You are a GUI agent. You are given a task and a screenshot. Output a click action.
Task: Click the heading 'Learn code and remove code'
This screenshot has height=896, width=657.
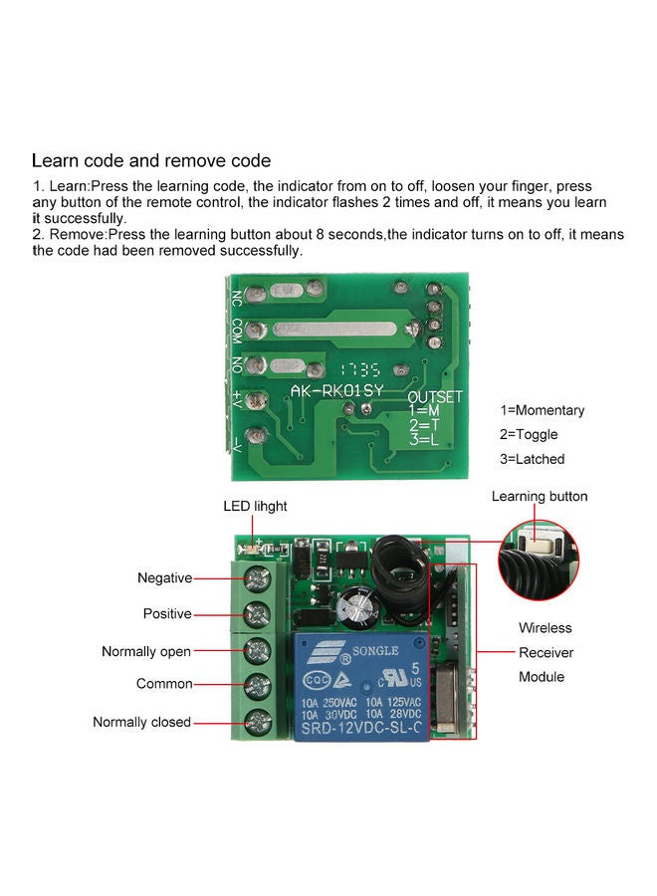[151, 160]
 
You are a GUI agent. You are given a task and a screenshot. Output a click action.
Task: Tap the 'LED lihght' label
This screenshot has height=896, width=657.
[255, 506]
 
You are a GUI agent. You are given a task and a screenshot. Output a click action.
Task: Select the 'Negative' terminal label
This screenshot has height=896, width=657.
[164, 577]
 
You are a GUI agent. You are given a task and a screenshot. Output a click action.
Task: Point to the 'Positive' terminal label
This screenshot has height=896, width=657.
[167, 613]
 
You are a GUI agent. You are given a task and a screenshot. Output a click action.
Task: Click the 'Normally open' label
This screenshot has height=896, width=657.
[146, 651]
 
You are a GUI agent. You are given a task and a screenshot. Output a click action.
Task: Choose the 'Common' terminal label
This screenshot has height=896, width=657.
[164, 684]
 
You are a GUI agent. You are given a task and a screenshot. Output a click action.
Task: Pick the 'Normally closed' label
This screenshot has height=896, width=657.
[141, 722]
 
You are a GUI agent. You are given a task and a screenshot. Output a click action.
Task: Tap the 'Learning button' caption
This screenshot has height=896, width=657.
[540, 496]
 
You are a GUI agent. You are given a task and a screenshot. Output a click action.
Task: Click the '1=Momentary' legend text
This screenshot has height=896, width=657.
[543, 410]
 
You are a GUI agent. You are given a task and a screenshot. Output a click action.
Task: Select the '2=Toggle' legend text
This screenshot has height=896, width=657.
[530, 434]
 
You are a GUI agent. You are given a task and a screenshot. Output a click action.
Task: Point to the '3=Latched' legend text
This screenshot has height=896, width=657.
[533, 459]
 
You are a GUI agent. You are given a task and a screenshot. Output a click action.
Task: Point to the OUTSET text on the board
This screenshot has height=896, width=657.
[435, 396]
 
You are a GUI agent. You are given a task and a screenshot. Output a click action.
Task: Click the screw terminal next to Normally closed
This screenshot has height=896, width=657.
[258, 721]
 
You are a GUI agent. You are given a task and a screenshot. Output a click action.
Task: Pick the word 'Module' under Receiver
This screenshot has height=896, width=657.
[542, 677]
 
